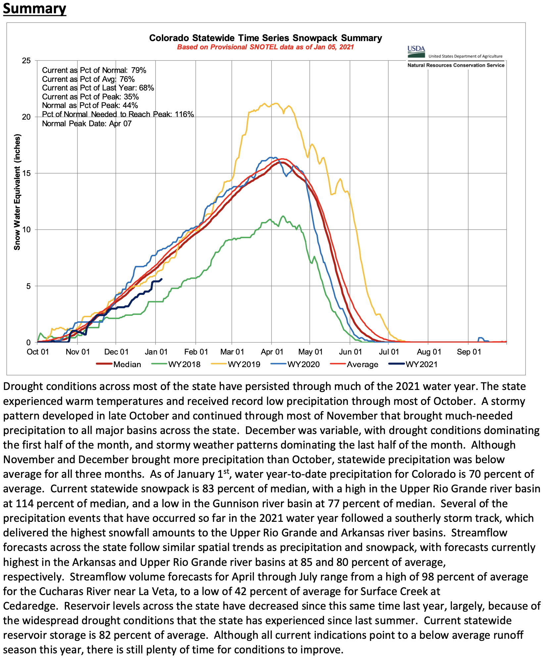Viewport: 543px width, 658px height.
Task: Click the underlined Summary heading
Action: (x=34, y=9)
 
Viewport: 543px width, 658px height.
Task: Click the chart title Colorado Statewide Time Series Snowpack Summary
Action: (x=266, y=38)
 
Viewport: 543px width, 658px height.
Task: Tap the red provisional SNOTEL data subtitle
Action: (x=266, y=47)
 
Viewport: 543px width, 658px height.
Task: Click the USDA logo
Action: (x=416, y=51)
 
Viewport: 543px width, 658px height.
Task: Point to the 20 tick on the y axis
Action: (x=26, y=117)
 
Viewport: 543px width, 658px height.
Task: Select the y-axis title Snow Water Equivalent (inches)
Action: (x=17, y=192)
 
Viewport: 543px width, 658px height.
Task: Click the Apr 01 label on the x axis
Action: (x=272, y=352)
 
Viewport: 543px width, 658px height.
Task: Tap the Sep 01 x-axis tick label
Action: (x=469, y=352)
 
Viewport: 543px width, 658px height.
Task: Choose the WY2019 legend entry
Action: (x=244, y=364)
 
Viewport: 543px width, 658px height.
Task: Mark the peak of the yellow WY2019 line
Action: (x=275, y=103)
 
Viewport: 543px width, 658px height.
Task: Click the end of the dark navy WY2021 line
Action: (x=161, y=279)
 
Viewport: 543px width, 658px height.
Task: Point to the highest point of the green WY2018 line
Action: (x=283, y=216)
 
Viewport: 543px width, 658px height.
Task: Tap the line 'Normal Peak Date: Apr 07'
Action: (x=87, y=124)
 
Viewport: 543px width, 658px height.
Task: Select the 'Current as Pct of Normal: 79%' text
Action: (x=94, y=70)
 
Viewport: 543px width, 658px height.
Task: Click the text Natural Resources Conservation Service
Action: (x=456, y=65)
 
